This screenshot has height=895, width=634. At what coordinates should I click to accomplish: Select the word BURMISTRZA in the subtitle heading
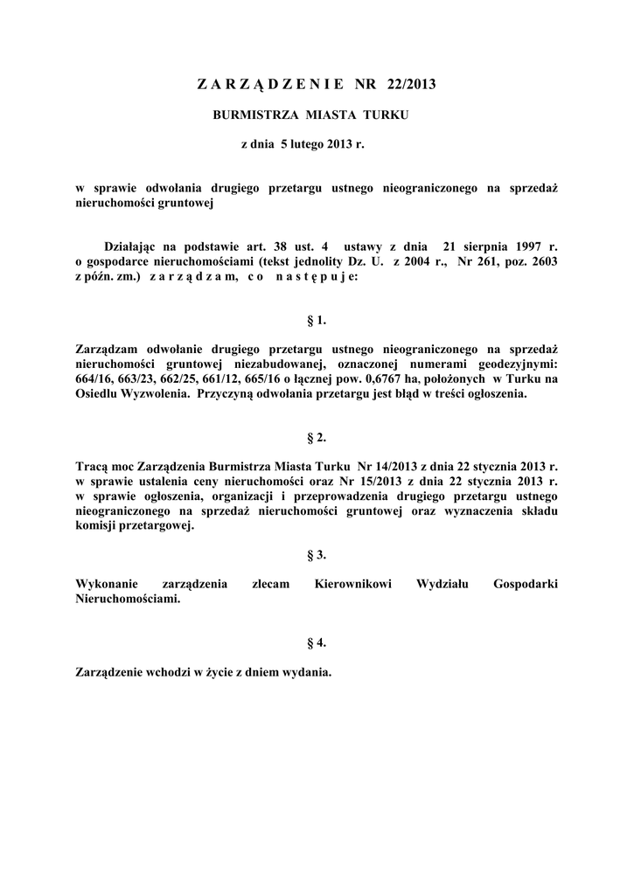251,114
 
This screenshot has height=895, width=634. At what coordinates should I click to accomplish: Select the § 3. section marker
317,554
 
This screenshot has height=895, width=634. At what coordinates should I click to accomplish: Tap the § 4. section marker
317,643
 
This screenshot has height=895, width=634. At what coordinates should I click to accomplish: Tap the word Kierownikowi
349,584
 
